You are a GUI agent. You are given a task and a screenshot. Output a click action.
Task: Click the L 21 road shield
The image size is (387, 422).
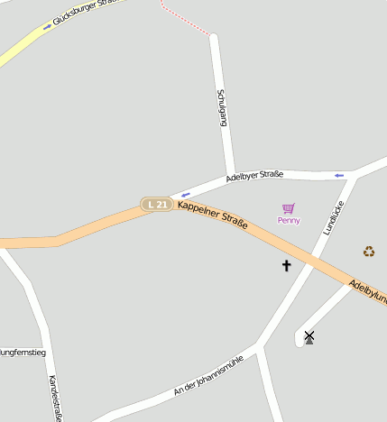pyautogui.click(x=156, y=205)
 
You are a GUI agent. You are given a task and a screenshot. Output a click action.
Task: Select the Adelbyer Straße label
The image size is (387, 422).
pyautogui.click(x=254, y=175)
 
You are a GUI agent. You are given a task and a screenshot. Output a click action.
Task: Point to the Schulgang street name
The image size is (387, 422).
pyautogui.click(x=222, y=106)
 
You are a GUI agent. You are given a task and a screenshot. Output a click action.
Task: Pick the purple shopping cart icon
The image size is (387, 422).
pyautogui.click(x=289, y=208)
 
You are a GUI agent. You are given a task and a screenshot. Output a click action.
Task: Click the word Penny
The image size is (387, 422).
pyautogui.click(x=289, y=221)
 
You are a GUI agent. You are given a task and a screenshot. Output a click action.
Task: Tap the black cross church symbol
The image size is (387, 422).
pyautogui.click(x=287, y=265)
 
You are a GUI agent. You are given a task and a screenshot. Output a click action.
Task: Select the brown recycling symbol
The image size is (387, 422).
pyautogui.click(x=368, y=252)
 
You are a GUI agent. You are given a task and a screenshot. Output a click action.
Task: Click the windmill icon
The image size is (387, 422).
pyautogui.click(x=309, y=337)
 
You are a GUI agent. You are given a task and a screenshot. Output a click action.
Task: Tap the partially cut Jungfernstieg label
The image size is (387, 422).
pyautogui.click(x=23, y=352)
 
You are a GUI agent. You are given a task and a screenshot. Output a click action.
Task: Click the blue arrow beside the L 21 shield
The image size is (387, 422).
pyautogui.click(x=185, y=195)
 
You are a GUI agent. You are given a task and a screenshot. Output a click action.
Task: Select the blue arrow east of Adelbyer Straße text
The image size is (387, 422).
pyautogui.click(x=339, y=175)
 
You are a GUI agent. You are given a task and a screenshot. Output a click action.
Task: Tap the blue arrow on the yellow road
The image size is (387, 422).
pyautogui.click(x=47, y=27)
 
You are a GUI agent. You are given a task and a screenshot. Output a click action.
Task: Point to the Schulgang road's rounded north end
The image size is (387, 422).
pyautogui.click(x=215, y=38)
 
